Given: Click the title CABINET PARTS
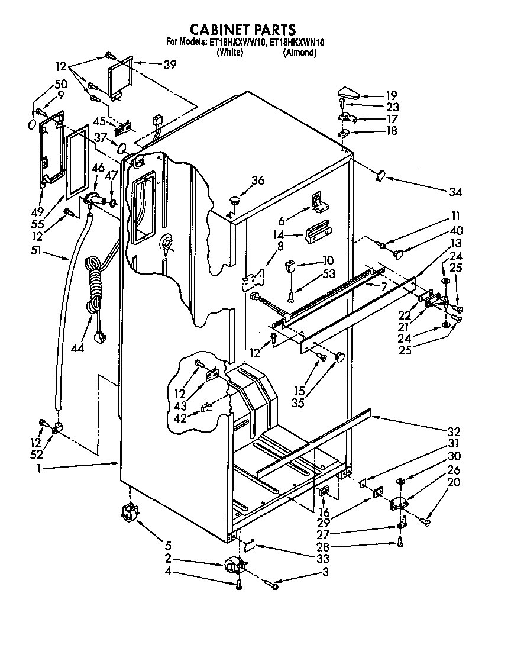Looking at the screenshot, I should click(242, 29).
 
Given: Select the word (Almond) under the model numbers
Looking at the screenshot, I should click(300, 53).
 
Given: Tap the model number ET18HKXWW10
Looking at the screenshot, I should click(235, 43).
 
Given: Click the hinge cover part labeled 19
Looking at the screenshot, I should click(348, 93).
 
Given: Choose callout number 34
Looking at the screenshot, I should click(455, 192).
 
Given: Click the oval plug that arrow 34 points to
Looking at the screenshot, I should click(381, 175).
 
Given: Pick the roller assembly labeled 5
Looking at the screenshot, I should click(128, 512).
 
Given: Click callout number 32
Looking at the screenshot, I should click(454, 432).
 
